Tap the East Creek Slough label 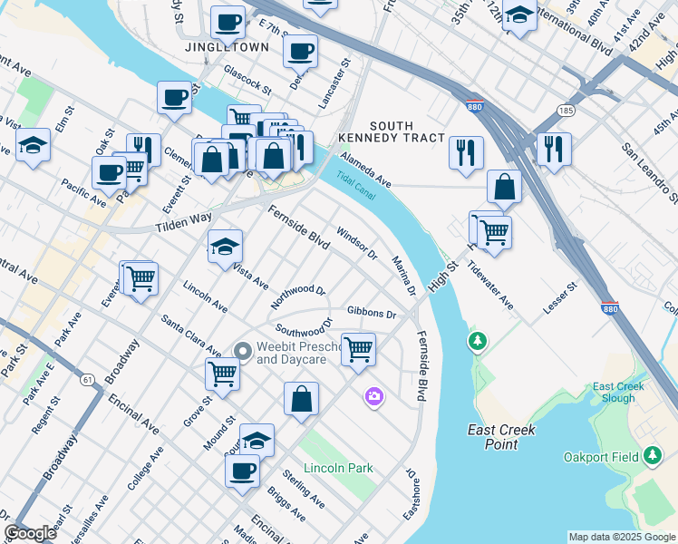619,393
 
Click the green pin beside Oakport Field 652,457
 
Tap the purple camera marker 373,396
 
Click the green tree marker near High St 476,342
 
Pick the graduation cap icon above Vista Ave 225,246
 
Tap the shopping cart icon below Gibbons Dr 359,348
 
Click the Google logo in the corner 30,533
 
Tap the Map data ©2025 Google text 621,537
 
